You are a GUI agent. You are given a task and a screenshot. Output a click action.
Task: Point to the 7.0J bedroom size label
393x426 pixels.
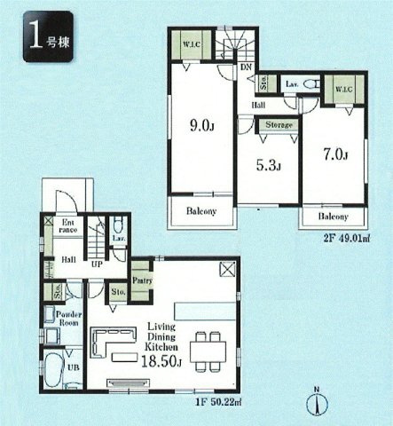[335, 156]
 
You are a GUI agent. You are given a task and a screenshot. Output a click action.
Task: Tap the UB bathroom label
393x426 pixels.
[72, 367]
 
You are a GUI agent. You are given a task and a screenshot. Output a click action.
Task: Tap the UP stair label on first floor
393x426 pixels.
[98, 264]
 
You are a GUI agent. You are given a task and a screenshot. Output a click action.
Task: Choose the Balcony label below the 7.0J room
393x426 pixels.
[333, 217]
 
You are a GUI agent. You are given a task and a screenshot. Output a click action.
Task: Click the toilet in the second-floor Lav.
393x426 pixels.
[310, 83]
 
